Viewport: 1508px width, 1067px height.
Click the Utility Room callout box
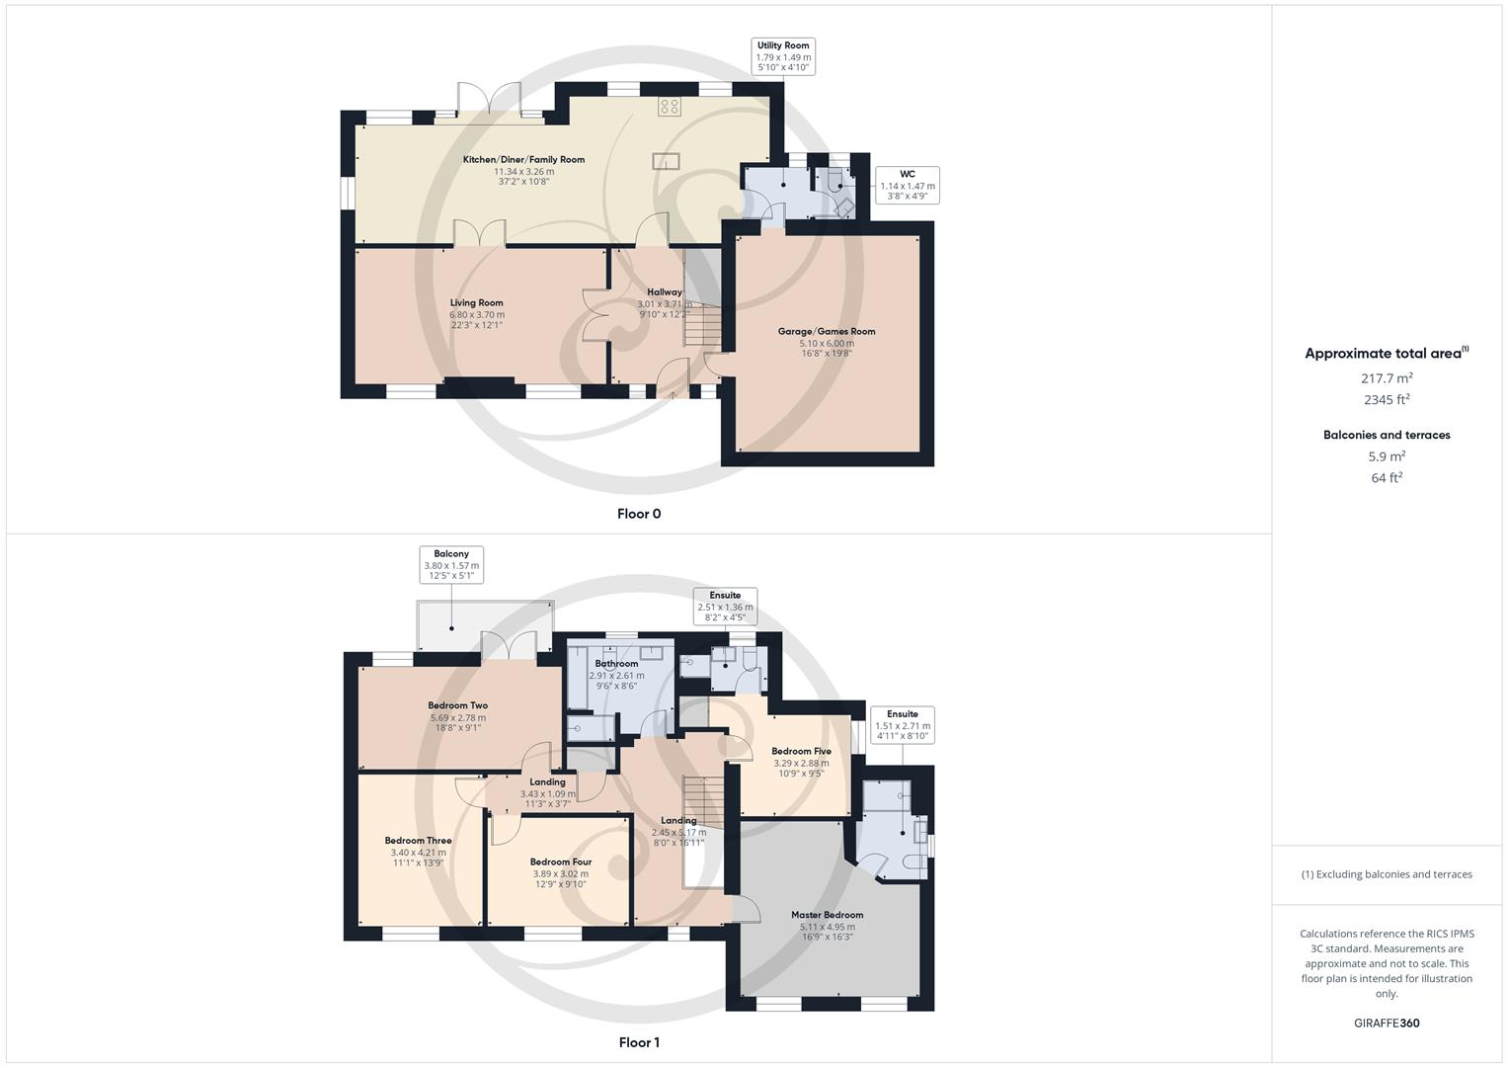783,56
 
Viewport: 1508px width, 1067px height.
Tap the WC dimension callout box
907,185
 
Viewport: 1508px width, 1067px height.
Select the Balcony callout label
451,565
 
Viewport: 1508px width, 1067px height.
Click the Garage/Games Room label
827,332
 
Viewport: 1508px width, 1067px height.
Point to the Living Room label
477,303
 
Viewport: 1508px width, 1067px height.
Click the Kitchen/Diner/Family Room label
523,160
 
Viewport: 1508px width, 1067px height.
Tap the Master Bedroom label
827,915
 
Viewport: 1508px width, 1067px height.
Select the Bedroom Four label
560,862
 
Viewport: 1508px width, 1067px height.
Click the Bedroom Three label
418,841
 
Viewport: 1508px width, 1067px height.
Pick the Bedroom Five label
801,751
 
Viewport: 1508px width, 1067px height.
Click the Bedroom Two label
457,705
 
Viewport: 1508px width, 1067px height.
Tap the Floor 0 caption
639,514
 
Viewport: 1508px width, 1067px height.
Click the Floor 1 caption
639,1042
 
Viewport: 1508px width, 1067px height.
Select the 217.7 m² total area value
1387,377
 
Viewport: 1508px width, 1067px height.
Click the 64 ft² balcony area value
1387,478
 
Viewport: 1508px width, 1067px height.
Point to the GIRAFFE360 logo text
1387,1023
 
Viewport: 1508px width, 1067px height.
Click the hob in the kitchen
669,105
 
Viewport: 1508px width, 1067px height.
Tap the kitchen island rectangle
665,161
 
